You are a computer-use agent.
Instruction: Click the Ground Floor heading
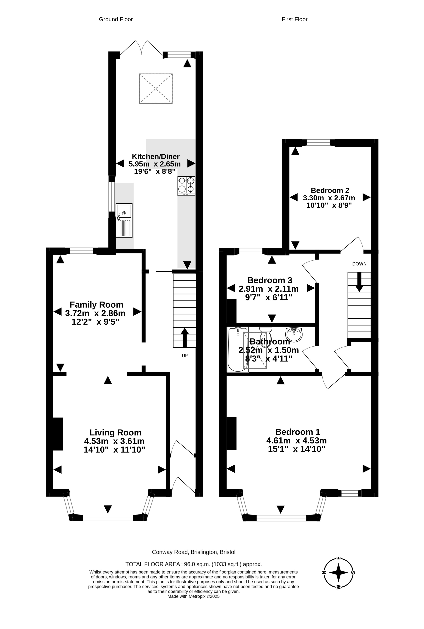(x=116, y=19)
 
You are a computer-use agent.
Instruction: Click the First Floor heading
(x=294, y=19)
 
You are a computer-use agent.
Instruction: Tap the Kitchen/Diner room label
(x=156, y=156)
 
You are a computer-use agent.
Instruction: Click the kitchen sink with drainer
(x=124, y=220)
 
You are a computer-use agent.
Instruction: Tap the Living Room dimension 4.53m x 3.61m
(x=114, y=441)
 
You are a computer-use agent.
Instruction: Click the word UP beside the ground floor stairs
(x=185, y=356)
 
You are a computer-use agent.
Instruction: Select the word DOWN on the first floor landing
(x=359, y=264)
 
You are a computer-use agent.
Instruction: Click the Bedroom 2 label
(x=330, y=190)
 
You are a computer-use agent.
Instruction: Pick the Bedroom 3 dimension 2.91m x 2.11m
(x=269, y=289)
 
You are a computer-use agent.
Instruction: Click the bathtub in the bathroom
(x=238, y=349)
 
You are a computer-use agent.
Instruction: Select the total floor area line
(x=194, y=562)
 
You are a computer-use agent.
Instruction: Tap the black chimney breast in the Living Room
(x=58, y=434)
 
